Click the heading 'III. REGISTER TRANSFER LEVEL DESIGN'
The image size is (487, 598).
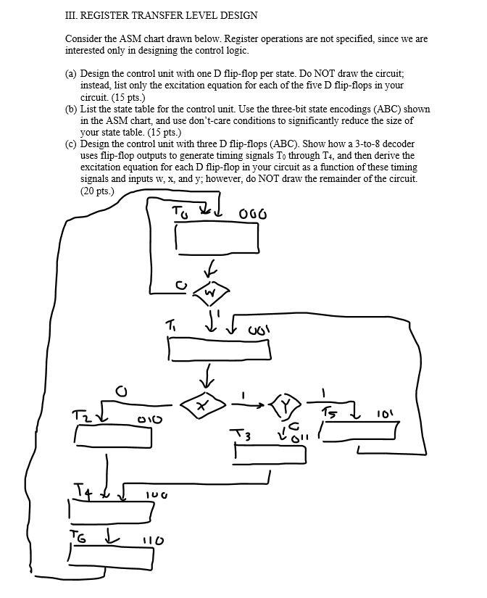(x=161, y=15)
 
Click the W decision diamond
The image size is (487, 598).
(x=210, y=293)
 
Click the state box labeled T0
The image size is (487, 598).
(x=216, y=238)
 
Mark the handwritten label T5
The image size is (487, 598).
(x=330, y=413)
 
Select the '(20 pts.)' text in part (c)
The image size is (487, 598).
(x=97, y=191)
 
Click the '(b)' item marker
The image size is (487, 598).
(x=71, y=109)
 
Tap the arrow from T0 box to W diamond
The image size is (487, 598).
(x=209, y=269)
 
